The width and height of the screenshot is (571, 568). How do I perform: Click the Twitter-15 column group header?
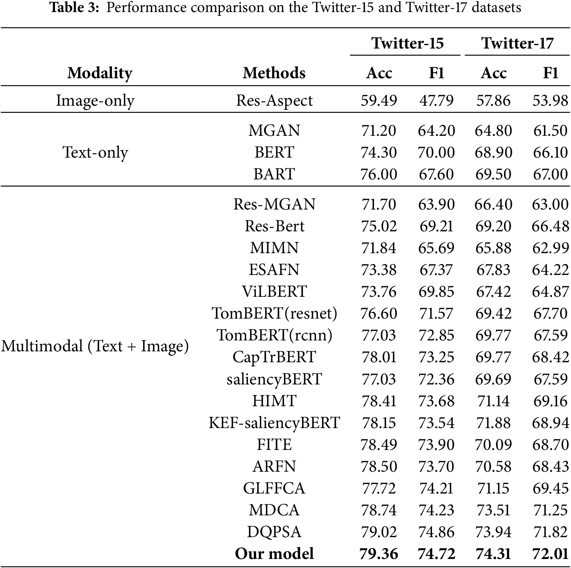pos(408,43)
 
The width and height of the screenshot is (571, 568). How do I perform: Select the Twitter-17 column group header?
pos(517,43)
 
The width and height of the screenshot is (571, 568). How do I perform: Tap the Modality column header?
pos(100,73)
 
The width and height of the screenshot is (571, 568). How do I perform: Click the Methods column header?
pos(274,73)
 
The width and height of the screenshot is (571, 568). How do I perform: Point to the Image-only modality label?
pos(95,101)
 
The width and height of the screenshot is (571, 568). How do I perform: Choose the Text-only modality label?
pos(95,152)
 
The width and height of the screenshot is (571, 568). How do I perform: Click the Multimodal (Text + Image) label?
pos(95,346)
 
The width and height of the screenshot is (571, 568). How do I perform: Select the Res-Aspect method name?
pos(274,101)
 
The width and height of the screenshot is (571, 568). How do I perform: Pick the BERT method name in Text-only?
pos(274,152)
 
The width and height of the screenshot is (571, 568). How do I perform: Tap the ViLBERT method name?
pos(274,292)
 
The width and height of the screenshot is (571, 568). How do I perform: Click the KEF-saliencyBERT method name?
pos(274,423)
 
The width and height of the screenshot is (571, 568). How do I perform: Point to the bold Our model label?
pos(274,554)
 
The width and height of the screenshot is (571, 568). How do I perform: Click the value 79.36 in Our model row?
pos(379,554)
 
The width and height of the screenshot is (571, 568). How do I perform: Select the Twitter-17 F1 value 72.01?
pos(550,554)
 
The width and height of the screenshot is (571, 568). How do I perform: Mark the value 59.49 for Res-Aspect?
pos(379,101)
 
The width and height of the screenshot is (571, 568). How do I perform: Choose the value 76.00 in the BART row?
pos(379,174)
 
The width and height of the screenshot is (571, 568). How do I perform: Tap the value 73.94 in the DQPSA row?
pos(493,532)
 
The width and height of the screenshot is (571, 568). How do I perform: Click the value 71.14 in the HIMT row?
pos(493,401)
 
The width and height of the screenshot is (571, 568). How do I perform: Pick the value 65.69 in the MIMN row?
pos(436,248)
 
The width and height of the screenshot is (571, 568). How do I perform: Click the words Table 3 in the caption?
pos(74,8)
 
